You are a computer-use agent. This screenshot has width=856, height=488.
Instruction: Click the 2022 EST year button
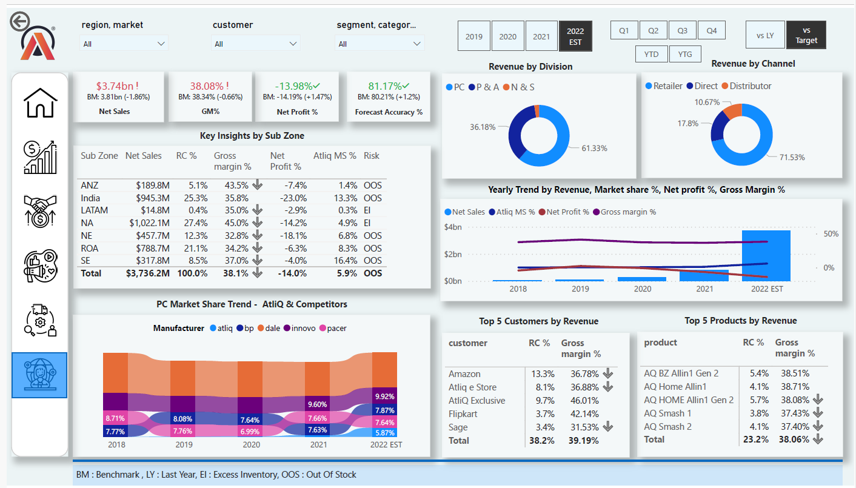tap(575, 36)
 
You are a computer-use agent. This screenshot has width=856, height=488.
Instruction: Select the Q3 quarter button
tap(682, 30)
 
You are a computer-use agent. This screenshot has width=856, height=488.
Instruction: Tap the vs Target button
tap(806, 35)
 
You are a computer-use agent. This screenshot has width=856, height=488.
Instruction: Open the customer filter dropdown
tap(255, 44)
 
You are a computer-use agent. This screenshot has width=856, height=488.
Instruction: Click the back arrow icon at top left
tap(19, 21)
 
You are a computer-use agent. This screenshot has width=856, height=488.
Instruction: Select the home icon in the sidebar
tap(40, 102)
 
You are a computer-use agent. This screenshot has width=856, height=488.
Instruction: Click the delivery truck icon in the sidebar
tap(40, 319)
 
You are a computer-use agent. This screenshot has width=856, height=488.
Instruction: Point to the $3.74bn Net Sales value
tap(118, 86)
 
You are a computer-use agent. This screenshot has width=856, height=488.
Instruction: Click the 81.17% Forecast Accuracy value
tap(387, 86)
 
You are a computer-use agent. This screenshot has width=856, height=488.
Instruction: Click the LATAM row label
tap(94, 210)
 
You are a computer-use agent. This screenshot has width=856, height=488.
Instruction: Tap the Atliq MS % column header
tap(334, 156)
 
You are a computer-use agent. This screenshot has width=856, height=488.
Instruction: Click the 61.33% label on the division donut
tap(594, 148)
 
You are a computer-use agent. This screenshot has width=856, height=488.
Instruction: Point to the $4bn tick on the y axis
tap(453, 227)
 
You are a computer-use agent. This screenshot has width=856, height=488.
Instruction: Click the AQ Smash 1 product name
tap(667, 413)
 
